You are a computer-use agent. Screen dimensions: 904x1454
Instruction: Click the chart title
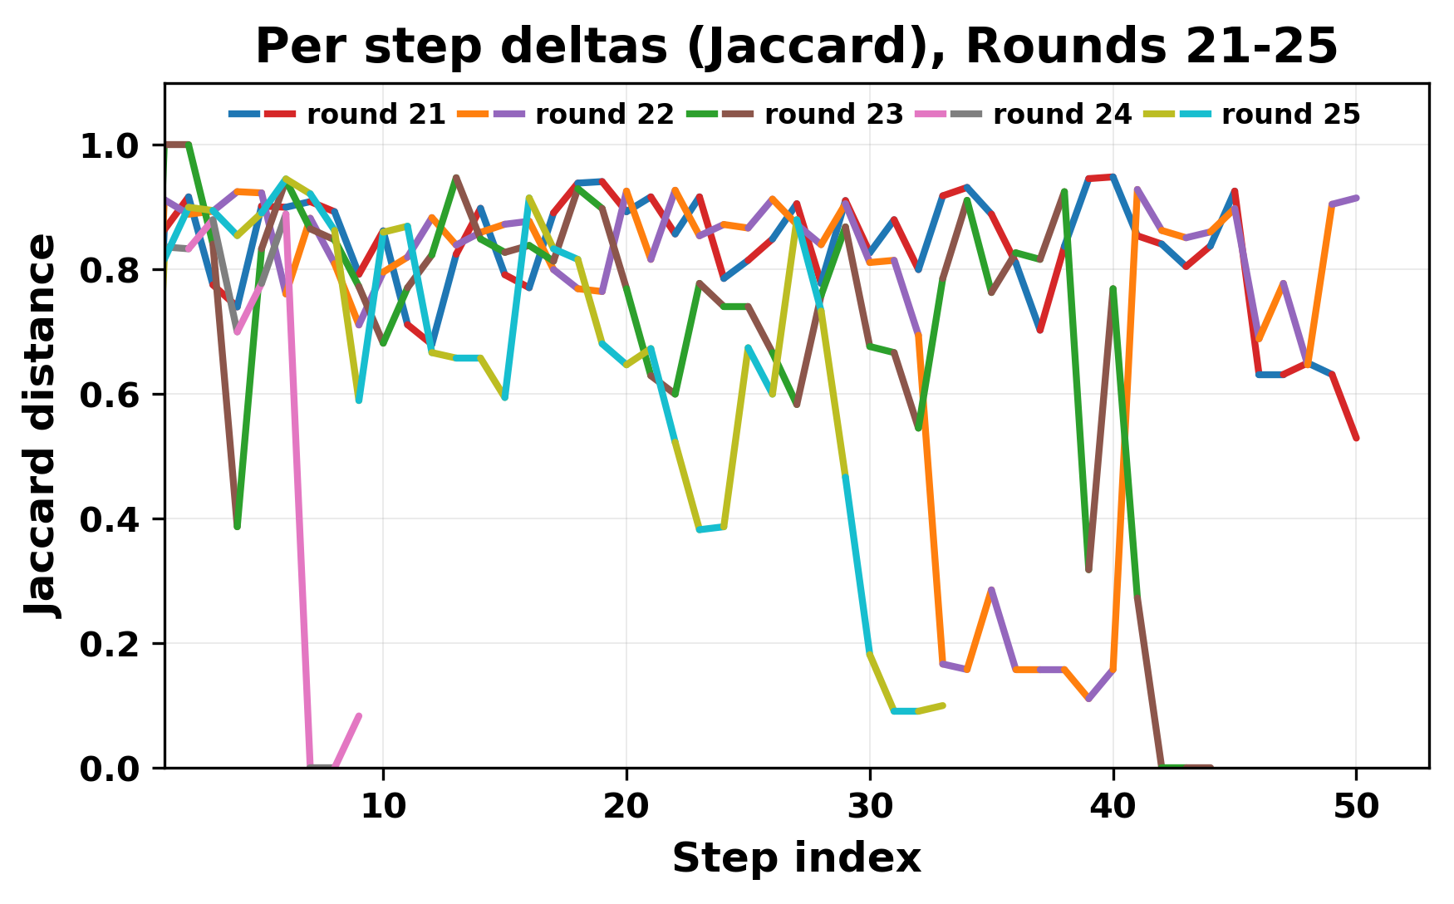point(796,47)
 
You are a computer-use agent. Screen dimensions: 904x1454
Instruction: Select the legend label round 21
point(376,115)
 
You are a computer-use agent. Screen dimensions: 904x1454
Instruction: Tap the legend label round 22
point(605,115)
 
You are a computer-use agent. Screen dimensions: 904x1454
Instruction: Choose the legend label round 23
point(833,115)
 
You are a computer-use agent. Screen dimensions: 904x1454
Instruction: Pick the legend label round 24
point(1062,115)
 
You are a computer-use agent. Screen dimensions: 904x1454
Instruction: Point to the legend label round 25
point(1290,115)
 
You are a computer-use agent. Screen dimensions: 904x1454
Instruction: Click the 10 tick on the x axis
point(383,806)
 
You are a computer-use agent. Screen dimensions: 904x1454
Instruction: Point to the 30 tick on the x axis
point(870,806)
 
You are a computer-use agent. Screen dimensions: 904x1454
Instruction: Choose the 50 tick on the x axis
point(1356,806)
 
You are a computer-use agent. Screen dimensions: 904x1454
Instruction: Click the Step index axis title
point(796,858)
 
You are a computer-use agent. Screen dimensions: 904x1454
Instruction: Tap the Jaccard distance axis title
point(42,425)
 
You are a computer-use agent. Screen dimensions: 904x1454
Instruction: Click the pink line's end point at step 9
point(359,715)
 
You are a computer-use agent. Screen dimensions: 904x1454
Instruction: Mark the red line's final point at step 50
point(1356,438)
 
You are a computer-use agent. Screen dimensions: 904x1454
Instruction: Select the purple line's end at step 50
point(1356,198)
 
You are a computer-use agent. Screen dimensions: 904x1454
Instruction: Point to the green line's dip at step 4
point(237,527)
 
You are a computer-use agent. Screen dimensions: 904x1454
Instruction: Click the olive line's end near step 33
point(943,705)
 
